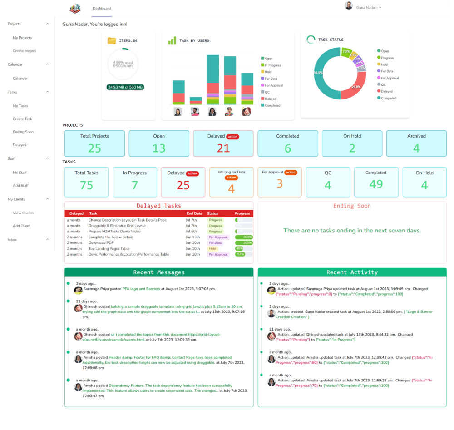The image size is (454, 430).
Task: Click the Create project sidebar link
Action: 24,51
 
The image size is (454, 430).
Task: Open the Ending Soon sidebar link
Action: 23,132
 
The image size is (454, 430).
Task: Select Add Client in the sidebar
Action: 22,226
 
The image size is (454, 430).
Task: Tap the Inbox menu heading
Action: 12,239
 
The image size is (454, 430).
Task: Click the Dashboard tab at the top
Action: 101,9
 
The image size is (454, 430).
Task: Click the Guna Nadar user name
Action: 365,8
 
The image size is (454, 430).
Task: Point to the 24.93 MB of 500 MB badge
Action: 125,87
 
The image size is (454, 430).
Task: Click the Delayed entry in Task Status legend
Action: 386,91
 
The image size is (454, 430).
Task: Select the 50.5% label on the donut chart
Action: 318,73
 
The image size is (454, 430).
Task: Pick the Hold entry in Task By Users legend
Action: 268,72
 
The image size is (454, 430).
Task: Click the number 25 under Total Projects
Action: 94,148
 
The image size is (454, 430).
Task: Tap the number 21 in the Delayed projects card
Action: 223,148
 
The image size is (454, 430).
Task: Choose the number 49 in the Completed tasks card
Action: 376,184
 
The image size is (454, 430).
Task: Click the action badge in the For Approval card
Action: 291,173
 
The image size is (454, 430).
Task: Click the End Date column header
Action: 194,213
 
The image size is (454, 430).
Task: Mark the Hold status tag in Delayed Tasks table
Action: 212,249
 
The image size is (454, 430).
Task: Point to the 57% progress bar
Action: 244,254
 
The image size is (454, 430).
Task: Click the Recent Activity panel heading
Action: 352,272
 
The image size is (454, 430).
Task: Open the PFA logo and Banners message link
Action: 141,289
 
